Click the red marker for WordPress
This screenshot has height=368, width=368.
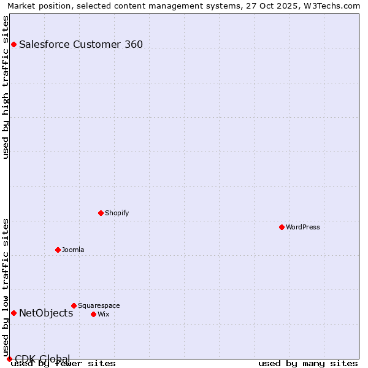click(x=282, y=227)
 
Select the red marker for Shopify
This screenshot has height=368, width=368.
click(x=101, y=213)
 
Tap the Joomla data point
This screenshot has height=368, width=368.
click(x=58, y=250)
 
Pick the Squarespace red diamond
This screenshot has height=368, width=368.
click(x=74, y=305)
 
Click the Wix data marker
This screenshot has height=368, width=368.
click(x=93, y=314)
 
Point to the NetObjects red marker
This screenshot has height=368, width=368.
click(x=13, y=313)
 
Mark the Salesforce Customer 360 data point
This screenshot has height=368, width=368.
click(x=13, y=44)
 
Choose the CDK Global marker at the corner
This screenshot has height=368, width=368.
click(x=9, y=359)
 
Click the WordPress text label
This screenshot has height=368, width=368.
click(x=303, y=227)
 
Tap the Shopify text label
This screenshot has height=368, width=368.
click(x=117, y=213)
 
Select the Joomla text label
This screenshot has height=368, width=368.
click(x=73, y=250)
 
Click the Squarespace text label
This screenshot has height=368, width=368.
click(x=99, y=305)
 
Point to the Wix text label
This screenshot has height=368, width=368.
click(x=104, y=314)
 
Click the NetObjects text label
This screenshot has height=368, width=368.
click(x=46, y=313)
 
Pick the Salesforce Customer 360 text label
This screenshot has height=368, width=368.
click(x=81, y=44)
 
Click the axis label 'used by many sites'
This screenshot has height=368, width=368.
click(x=308, y=364)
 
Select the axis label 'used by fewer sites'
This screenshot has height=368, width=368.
click(x=64, y=364)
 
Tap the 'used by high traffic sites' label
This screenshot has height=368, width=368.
click(x=6, y=87)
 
